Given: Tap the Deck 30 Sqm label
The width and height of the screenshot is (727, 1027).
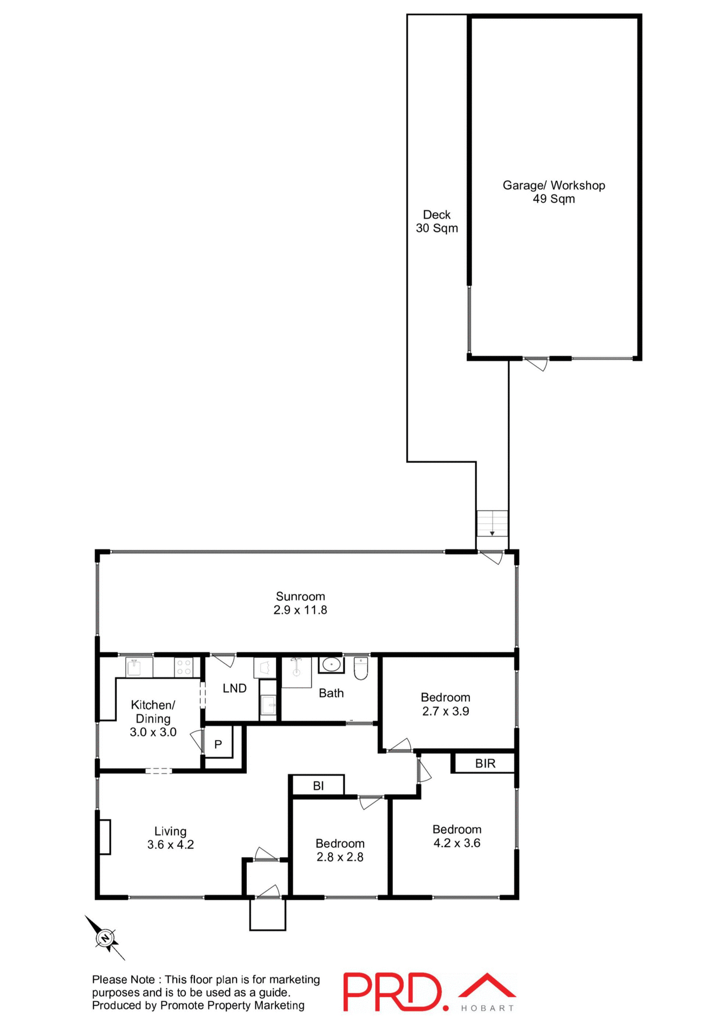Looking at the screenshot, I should click(437, 221).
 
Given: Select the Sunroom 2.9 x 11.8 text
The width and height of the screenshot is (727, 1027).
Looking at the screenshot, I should click(300, 603).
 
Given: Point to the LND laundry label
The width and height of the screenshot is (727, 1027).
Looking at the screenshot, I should click(234, 688).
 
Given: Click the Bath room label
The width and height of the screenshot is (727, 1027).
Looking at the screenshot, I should click(331, 693).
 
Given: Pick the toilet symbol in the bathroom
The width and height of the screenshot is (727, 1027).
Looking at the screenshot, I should click(361, 669).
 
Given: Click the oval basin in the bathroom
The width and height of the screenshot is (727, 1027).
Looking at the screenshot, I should click(331, 665).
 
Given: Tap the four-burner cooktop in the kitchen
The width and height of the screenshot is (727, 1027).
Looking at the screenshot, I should click(184, 667).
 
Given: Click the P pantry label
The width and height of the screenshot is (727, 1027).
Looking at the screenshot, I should click(218, 744).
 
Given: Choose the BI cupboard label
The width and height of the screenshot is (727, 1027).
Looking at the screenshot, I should click(318, 786).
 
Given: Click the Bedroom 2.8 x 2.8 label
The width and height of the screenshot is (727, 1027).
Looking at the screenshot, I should click(339, 850).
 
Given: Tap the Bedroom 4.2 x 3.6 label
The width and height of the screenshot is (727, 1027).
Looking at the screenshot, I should click(457, 836).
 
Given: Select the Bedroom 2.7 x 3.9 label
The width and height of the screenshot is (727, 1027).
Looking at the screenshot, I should click(445, 704).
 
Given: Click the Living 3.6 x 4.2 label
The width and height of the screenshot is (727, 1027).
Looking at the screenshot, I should click(170, 838).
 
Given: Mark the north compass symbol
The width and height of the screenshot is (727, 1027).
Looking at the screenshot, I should click(105, 938).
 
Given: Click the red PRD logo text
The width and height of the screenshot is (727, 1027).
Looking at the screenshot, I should click(393, 992).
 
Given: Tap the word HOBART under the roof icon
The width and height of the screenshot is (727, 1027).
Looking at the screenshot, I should click(487, 1008).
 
